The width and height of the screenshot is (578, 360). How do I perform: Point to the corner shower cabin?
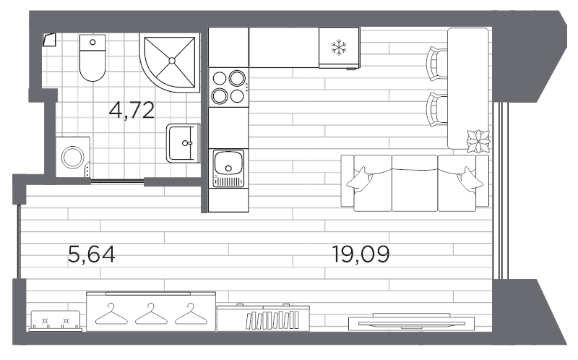(172, 62)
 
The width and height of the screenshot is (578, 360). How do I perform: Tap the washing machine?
(73, 157)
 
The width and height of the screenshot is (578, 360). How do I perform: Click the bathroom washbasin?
(183, 143)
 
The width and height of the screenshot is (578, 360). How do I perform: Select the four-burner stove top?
(228, 87)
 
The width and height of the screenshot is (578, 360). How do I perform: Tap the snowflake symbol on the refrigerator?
(337, 48)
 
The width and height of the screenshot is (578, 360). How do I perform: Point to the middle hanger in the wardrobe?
(150, 312)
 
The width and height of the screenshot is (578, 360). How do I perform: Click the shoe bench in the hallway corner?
(56, 320)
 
